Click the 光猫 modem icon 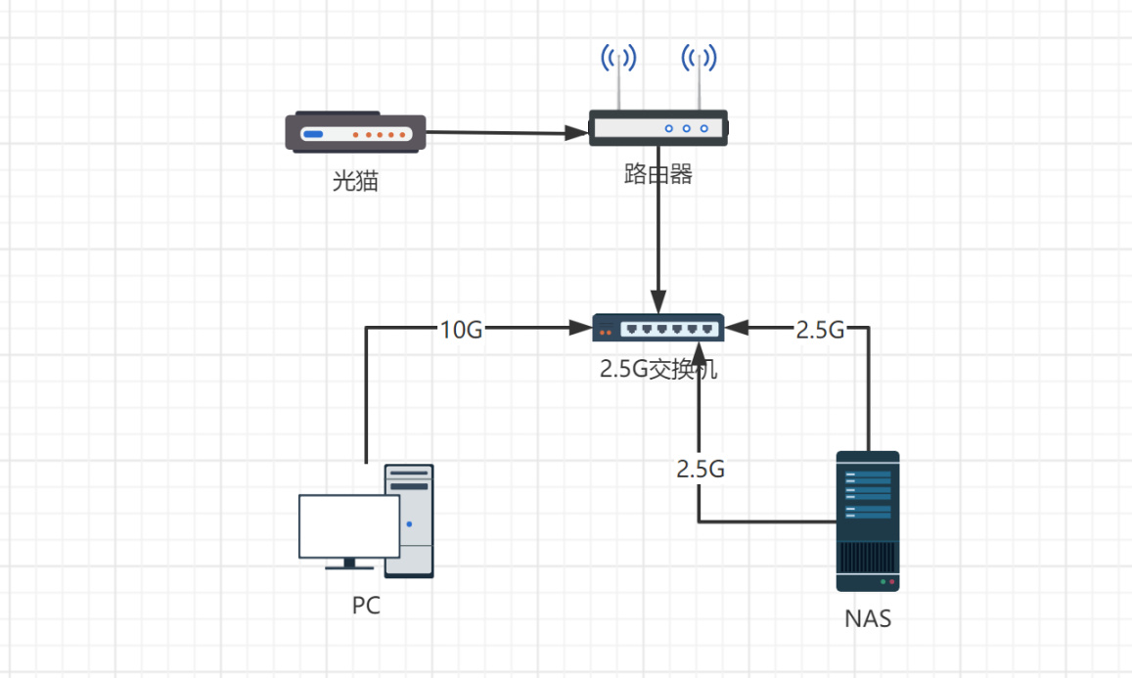355,133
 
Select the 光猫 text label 355,181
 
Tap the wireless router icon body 657,128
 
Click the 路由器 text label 658,175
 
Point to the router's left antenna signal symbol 618,58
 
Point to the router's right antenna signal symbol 699,58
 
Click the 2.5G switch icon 657,328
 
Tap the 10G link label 461,330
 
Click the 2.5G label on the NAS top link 820,330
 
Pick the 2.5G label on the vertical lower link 701,469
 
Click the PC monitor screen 348,526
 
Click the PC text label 366,607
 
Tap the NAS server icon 868,520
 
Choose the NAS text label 868,619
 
